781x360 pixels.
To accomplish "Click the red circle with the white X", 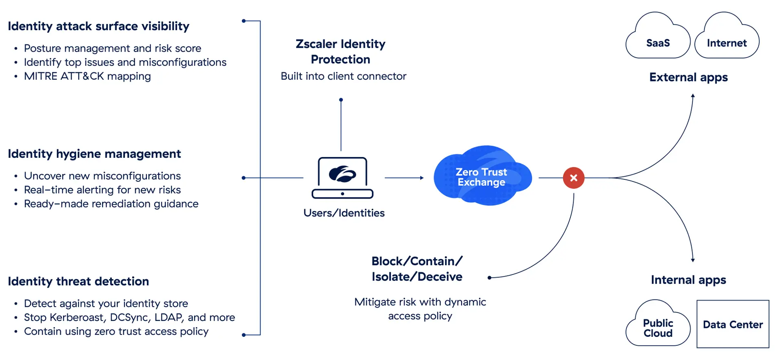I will pos(574,178).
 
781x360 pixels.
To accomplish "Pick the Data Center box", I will pos(733,324).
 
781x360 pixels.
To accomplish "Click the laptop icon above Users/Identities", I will pos(343,178).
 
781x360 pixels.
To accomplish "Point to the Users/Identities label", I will pos(344,213).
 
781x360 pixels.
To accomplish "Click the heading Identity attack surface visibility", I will pos(98,26).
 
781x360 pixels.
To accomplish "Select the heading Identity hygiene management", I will pos(94,154).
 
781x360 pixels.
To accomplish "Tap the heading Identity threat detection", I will pos(79,281).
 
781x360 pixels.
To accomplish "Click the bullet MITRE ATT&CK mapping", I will pos(87,76).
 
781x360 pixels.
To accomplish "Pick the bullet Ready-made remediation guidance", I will pos(111,204).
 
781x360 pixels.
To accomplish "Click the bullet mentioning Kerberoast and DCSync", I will pos(129,317).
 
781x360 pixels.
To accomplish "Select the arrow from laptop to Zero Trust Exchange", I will pos(404,178).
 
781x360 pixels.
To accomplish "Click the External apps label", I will pos(688,77).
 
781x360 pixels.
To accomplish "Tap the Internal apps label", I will pos(688,280).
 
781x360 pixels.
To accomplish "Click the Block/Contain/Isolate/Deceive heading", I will pos(417,269).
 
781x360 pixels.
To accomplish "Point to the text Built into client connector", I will pos(343,76).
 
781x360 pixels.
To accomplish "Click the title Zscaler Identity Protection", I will pos(340,52).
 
